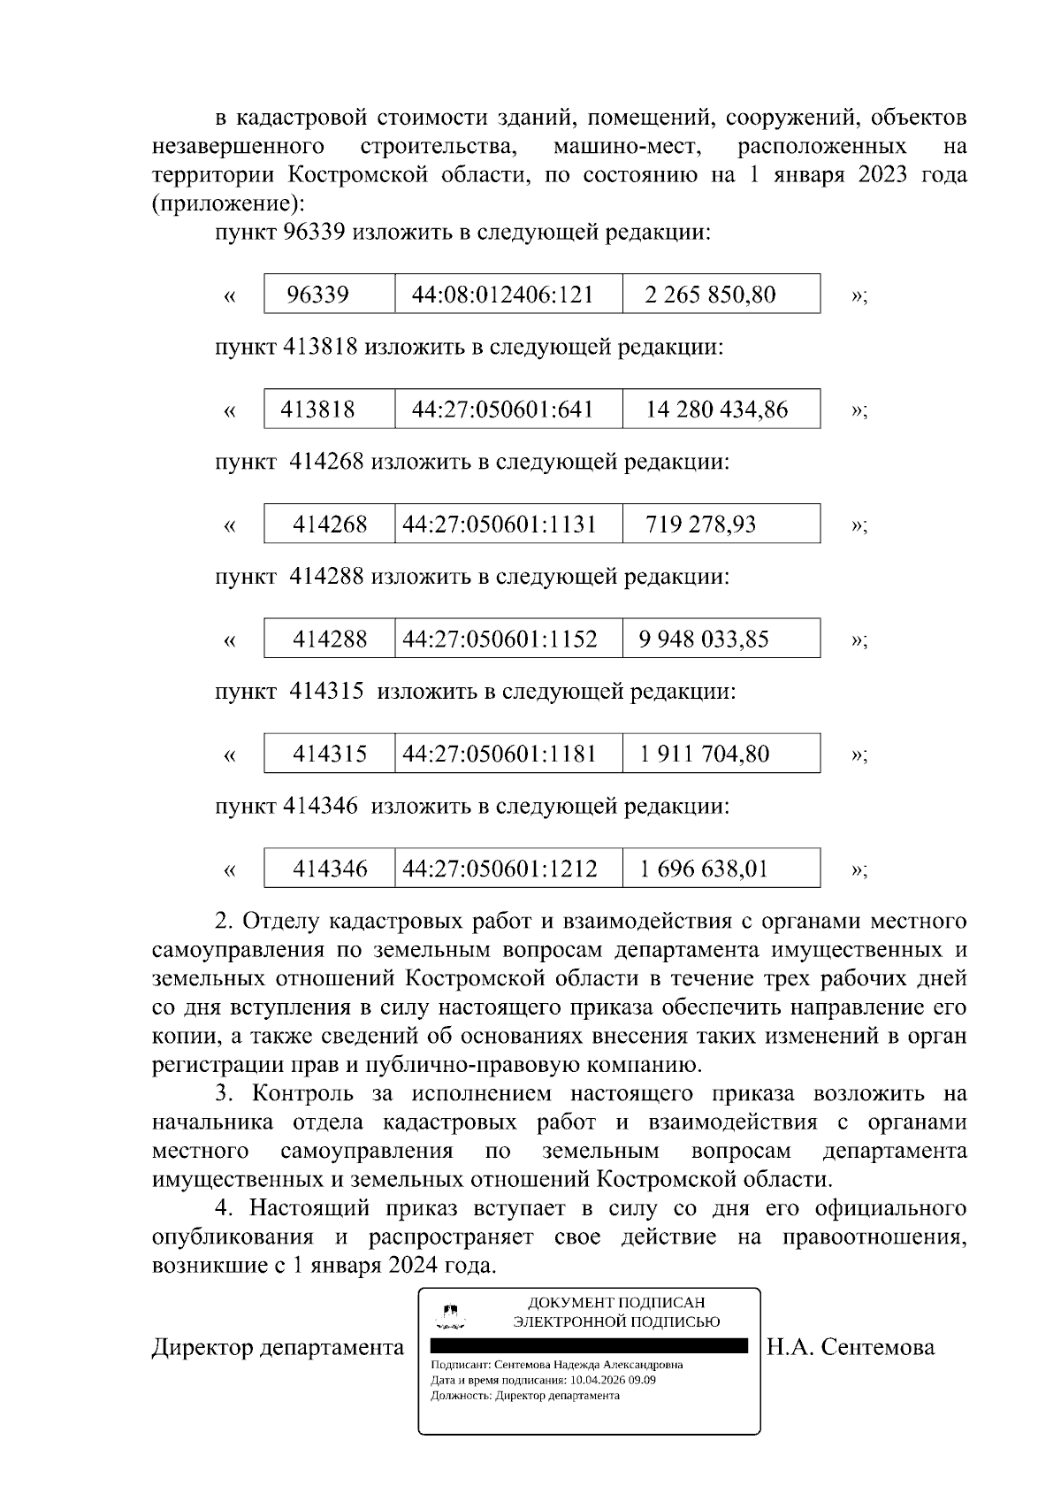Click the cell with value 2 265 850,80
(x=710, y=295)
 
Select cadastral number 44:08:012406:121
(x=502, y=295)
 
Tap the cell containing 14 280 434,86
(x=716, y=410)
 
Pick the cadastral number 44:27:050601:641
(x=502, y=410)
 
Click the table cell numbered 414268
(x=330, y=525)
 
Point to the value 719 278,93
(x=700, y=525)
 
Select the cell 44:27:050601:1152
(x=500, y=639)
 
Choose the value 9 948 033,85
(x=704, y=639)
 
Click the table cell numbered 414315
(x=330, y=754)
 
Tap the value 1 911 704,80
(x=705, y=754)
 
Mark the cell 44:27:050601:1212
(x=500, y=869)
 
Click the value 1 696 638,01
(x=705, y=869)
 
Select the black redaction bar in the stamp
(x=589, y=1346)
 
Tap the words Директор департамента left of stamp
(x=278, y=1347)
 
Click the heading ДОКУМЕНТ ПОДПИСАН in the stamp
(x=616, y=1303)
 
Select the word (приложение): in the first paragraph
(x=228, y=203)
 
